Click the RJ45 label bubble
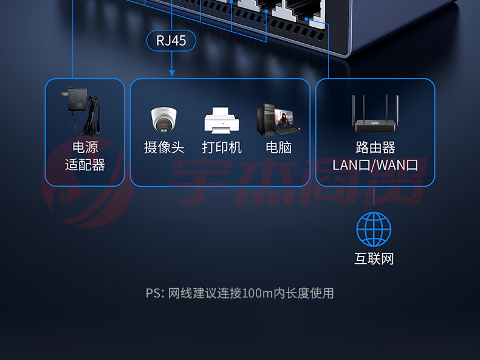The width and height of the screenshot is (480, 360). coord(171,41)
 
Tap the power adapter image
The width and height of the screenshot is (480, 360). coord(83,111)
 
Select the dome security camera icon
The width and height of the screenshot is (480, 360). coord(164,120)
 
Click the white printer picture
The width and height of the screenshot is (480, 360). coord(222,120)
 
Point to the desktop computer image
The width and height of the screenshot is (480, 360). coord(278,120)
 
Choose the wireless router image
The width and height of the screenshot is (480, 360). coord(375,114)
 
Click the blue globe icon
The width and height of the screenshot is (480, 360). coord(374,229)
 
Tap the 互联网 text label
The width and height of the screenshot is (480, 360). coord(374,258)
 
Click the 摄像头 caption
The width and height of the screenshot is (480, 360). coord(164,147)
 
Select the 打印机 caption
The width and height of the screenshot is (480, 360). coord(222,147)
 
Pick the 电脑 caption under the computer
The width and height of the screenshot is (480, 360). coord(278,147)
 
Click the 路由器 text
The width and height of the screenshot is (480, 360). coord(375,147)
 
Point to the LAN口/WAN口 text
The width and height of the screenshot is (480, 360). coord(375,165)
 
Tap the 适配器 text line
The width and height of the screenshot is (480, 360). coord(85,165)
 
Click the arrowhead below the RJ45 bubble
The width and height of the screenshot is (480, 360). coord(172,72)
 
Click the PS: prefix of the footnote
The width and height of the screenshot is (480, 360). coord(156,294)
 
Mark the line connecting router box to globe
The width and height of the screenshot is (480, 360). coord(374,196)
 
